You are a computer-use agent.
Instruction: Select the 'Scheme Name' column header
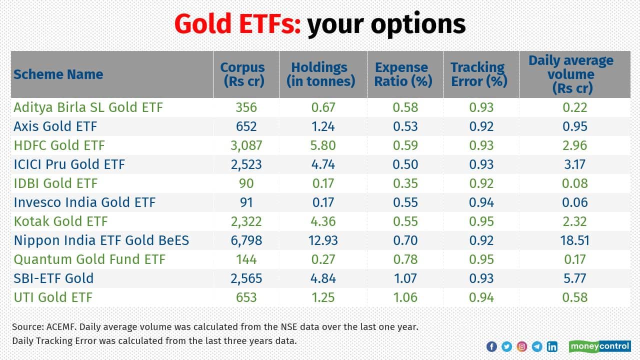[x=58, y=74]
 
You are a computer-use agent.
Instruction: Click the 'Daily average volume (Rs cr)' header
[x=570, y=74]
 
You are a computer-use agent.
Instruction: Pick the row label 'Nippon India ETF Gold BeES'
[x=101, y=240]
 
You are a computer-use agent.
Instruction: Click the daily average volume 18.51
[x=574, y=240]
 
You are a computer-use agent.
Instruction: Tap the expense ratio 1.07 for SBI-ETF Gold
[x=405, y=278]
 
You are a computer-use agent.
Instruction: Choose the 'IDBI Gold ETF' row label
[x=55, y=183]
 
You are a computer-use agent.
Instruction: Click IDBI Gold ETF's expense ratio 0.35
[x=405, y=183]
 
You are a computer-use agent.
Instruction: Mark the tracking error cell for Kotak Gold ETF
[x=481, y=221]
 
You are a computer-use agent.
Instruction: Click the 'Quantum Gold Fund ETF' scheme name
[x=89, y=259]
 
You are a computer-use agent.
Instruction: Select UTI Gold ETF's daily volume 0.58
[x=574, y=297]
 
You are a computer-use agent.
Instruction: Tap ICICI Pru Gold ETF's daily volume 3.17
[x=574, y=164]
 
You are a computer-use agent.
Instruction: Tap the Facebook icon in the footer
[x=491, y=346]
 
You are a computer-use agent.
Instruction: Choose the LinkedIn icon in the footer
[x=552, y=346]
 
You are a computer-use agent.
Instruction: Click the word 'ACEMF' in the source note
[x=59, y=327]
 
